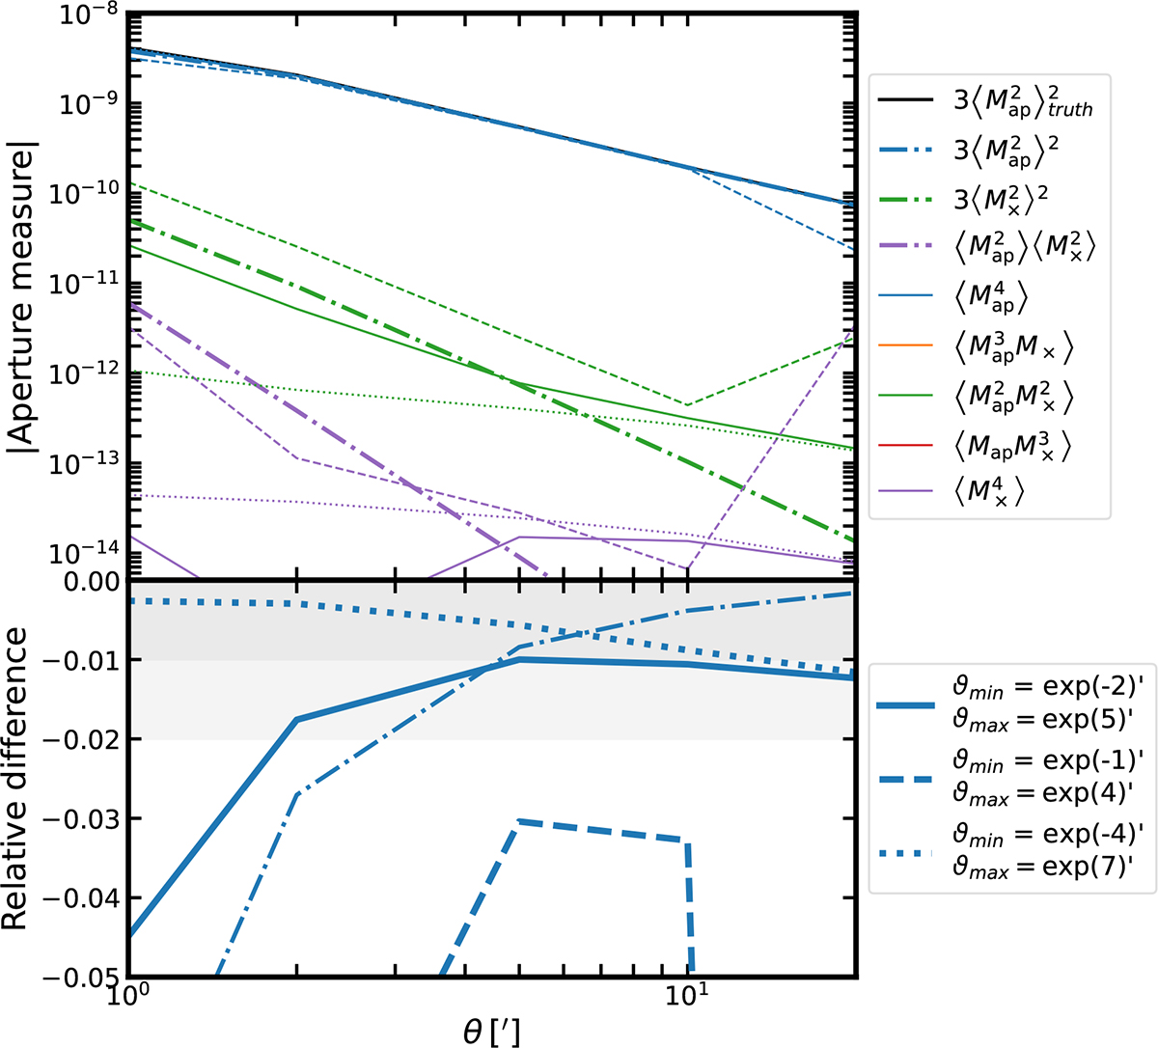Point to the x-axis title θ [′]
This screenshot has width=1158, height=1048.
(491, 1033)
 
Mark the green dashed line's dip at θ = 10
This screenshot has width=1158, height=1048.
(686, 404)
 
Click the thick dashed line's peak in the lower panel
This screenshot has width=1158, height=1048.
(519, 821)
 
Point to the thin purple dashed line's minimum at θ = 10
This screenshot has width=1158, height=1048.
(686, 568)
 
